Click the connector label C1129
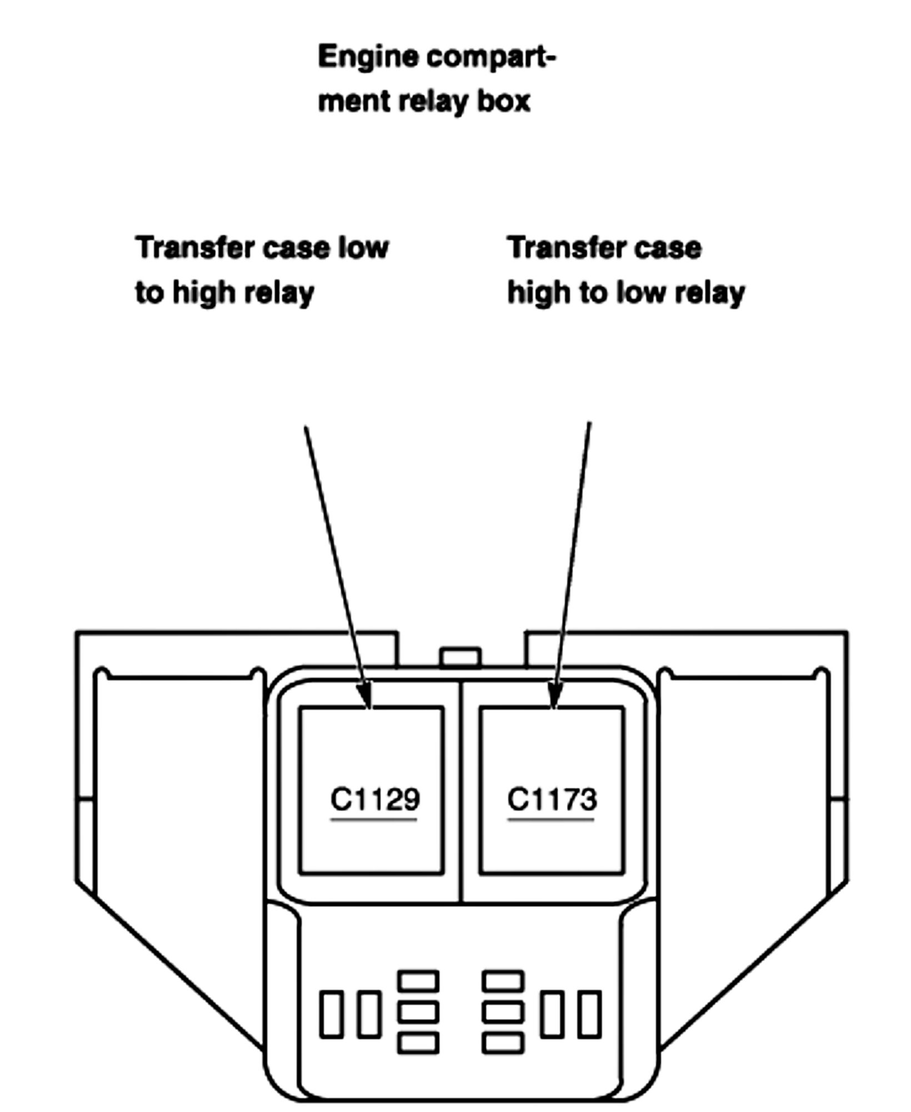[375, 799]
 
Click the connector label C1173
[552, 799]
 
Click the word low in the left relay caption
[363, 248]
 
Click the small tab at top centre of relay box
[460, 657]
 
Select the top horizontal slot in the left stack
[418, 981]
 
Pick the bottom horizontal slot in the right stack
[503, 1043]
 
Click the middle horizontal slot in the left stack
[418, 1012]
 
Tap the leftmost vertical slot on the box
[331, 1014]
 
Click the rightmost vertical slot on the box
[589, 1014]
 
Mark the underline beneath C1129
[374, 819]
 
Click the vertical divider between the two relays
[461, 789]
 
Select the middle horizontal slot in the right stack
[503, 1012]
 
